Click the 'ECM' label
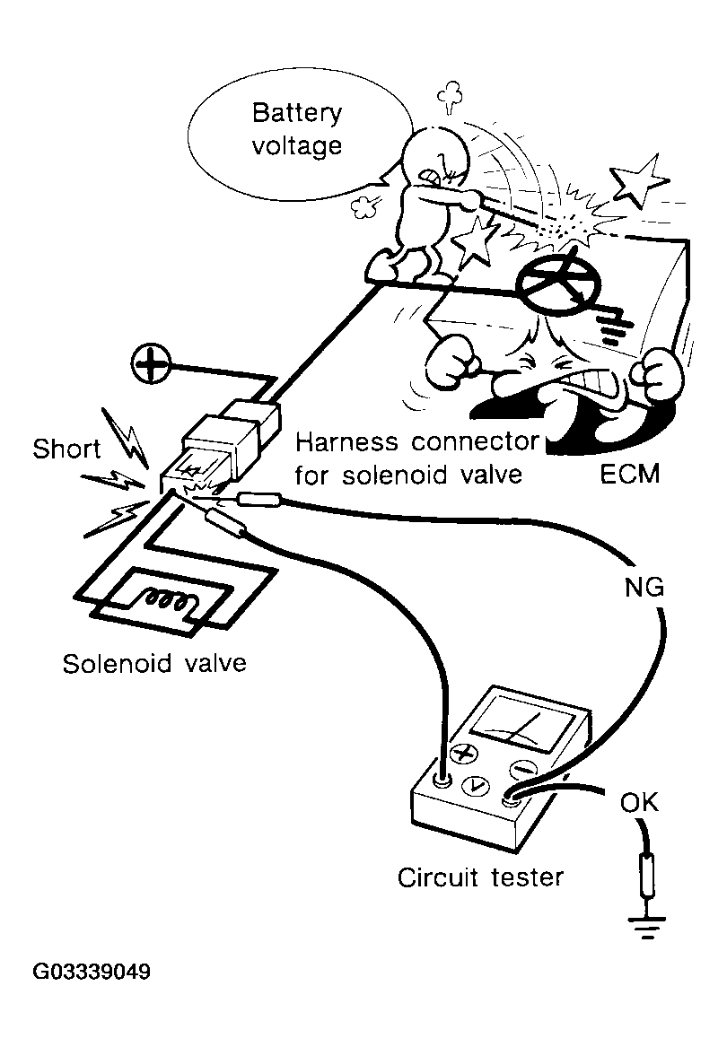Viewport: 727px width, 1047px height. [629, 473]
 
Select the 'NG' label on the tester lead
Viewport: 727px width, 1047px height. [644, 589]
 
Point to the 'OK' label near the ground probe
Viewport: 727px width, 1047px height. [639, 803]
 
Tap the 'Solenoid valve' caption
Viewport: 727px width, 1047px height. [153, 665]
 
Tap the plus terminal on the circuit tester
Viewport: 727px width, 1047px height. [463, 753]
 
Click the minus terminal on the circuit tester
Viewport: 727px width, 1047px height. [524, 769]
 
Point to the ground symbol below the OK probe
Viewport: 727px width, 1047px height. [645, 929]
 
